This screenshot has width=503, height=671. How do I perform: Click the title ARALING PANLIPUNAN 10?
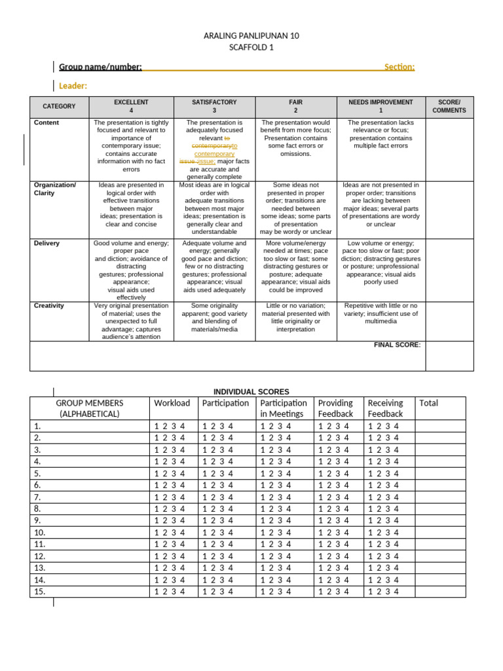coord(251,36)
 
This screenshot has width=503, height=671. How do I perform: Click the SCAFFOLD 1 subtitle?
coord(251,48)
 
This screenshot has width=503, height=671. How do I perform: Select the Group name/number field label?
coord(100,67)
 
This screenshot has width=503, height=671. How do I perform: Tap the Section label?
coord(399,67)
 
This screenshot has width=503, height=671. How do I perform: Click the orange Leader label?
coord(73,86)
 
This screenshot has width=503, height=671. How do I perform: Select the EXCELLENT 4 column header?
coord(131,107)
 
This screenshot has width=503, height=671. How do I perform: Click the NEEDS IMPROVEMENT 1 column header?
coord(381,107)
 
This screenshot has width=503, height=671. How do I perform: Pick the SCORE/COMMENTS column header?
coord(449,107)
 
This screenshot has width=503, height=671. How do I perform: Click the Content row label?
coord(47,123)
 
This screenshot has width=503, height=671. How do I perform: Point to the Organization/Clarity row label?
coord(55,189)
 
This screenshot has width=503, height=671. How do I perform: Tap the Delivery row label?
coord(47,243)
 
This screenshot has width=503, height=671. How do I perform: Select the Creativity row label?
coord(49,306)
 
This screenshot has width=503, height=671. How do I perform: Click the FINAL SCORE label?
coord(397,345)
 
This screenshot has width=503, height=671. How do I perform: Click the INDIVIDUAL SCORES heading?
coord(251,392)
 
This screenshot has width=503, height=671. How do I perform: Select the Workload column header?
coord(172,403)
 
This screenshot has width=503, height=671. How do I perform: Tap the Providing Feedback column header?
coord(335,408)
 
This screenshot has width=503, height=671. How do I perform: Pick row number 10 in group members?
coord(40,532)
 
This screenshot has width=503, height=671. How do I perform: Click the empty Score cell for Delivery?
coord(449,270)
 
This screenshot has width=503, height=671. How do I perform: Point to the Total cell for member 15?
coord(440,591)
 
